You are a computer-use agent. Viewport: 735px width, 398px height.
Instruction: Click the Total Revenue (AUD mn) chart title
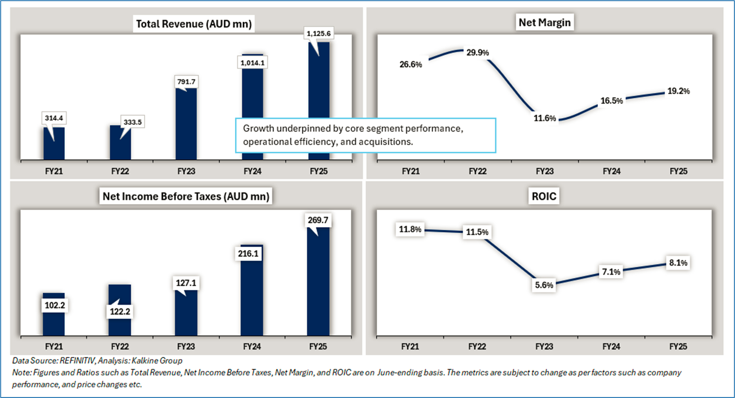pos(194,23)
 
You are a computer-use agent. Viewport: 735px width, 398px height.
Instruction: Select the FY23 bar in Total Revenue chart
pos(186,126)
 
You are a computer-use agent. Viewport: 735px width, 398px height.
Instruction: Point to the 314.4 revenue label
pos(54,118)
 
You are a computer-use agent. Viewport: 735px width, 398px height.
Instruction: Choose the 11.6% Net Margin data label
pos(545,118)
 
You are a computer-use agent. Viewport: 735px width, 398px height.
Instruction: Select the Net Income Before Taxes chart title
pos(187,196)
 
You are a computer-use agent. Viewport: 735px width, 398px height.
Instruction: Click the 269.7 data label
pos(319,220)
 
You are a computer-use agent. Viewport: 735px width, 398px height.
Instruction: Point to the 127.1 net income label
pos(186,283)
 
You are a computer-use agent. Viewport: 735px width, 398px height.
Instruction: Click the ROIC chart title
pos(544,196)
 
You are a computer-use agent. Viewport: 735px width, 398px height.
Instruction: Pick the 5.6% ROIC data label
pos(545,285)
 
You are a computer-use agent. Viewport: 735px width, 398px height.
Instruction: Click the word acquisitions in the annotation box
pos(383,142)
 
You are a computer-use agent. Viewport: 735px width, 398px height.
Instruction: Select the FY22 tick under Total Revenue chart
pos(120,171)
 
